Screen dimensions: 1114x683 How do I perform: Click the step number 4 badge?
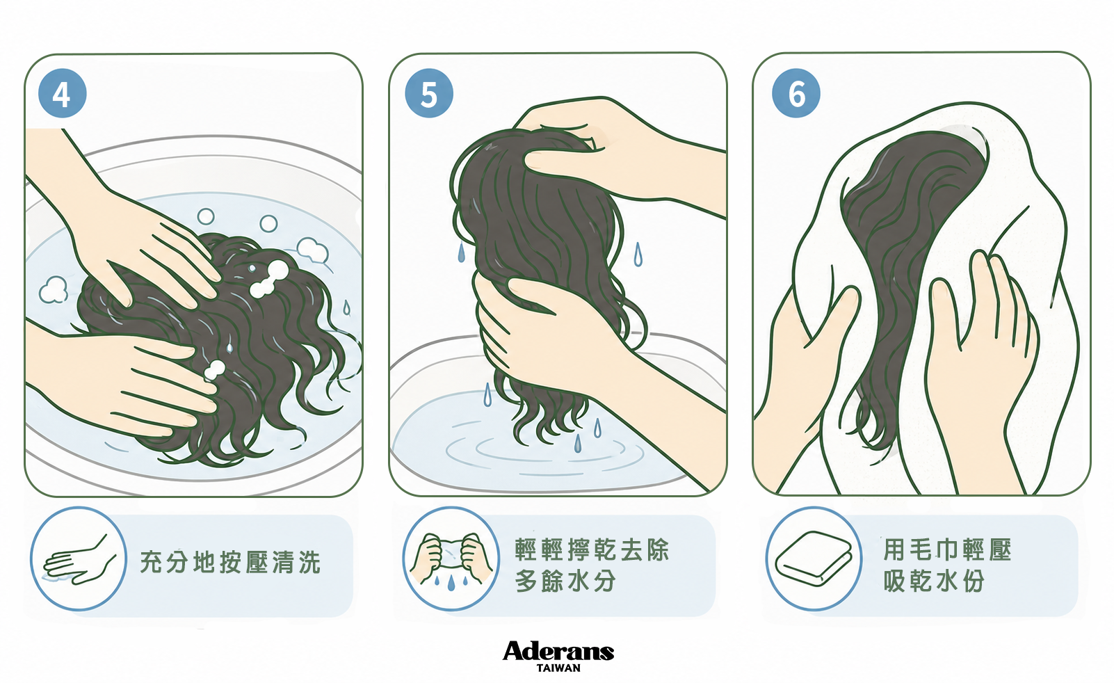click(x=62, y=93)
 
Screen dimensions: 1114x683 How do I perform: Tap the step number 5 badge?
click(x=428, y=93)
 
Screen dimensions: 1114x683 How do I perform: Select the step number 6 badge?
click(x=796, y=93)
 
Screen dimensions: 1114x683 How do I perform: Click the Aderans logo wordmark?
click(x=558, y=651)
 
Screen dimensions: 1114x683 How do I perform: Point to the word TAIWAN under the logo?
click(x=558, y=668)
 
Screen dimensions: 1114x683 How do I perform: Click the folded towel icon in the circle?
click(x=814, y=559)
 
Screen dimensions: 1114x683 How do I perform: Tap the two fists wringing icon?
click(x=451, y=559)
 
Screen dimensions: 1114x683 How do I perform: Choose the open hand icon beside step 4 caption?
click(x=79, y=560)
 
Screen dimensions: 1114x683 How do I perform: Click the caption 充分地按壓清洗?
click(x=230, y=562)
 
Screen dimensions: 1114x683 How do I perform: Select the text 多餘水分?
click(x=565, y=581)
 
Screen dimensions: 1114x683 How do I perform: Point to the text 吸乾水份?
click(x=934, y=581)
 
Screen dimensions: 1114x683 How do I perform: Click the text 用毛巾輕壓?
click(x=947, y=550)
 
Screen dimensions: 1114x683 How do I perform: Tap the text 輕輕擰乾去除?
click(x=592, y=550)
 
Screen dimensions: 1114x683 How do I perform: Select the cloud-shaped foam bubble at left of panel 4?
click(x=54, y=290)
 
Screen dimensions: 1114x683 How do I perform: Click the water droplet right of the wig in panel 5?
click(x=638, y=254)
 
